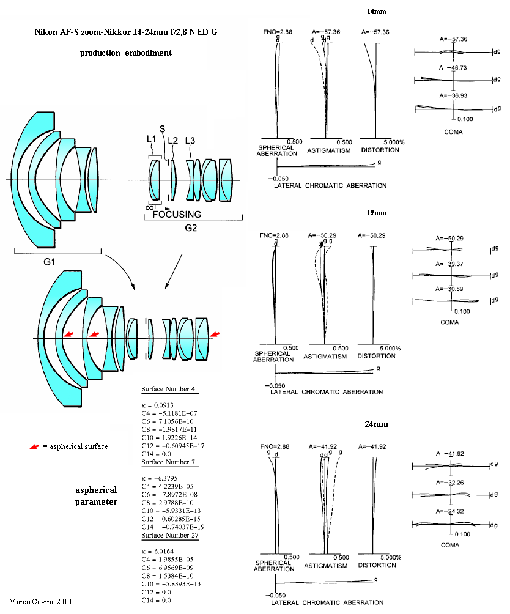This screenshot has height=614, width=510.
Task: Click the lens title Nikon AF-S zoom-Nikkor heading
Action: (125, 32)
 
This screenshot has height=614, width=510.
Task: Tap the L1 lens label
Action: (152, 139)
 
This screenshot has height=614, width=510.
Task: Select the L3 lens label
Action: (190, 141)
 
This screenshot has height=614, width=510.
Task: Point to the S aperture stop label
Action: (162, 129)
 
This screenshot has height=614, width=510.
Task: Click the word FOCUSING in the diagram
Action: (177, 214)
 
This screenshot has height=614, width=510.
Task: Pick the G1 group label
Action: (50, 262)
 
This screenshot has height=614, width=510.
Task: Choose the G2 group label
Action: (191, 228)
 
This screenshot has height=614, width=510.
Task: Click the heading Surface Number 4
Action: (168, 389)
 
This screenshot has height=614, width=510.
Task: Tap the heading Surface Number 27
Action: (170, 535)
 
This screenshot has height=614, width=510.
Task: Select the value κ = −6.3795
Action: (160, 478)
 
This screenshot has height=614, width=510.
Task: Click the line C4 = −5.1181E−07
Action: (169, 413)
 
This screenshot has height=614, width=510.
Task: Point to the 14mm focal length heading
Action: (377, 12)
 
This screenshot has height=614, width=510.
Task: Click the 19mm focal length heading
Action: (377, 213)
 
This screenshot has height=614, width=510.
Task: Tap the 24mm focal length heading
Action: (377, 424)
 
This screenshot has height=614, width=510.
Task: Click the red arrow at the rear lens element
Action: (215, 334)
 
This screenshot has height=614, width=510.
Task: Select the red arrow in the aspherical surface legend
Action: (34, 446)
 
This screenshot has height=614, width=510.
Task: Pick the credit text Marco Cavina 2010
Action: (40, 602)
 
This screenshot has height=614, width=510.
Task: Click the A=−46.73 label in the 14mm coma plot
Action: (453, 68)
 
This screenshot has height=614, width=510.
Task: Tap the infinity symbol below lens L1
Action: (149, 207)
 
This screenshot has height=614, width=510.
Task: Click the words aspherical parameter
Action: (96, 496)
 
